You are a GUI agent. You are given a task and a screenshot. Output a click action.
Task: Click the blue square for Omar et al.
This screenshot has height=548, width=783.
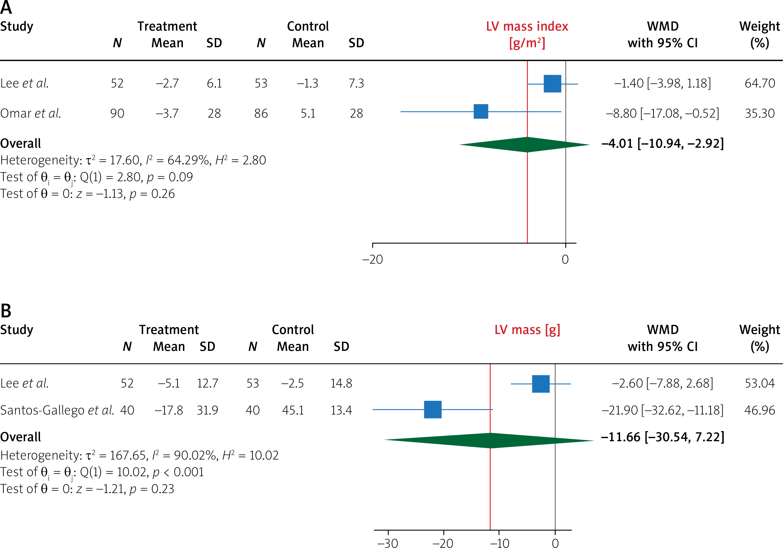tap(481, 112)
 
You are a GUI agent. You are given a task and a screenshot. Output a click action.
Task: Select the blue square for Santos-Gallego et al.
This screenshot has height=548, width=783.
tap(432, 409)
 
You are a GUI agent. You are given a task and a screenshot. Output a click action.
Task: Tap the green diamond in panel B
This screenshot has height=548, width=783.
tap(489, 440)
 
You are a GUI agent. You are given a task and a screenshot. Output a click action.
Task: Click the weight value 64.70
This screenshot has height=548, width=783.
tap(759, 83)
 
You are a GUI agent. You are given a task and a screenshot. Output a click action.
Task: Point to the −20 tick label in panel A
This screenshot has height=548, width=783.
tap(372, 260)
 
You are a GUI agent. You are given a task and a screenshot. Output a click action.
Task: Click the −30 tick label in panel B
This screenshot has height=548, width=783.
tap(388, 542)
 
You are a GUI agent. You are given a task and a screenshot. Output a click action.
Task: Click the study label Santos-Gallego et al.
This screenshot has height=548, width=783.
tap(57, 410)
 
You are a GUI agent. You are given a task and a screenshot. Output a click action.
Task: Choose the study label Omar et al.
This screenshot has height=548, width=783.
tap(31, 113)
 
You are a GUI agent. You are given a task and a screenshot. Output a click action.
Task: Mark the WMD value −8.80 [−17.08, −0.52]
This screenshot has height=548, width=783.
tap(662, 113)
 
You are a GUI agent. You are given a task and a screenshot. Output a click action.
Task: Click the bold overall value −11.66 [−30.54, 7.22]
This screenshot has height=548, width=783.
tap(662, 437)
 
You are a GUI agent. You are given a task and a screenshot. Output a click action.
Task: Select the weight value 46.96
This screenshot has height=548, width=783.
tap(759, 410)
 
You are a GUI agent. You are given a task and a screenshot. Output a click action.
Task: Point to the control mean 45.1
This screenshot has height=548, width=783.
tap(293, 410)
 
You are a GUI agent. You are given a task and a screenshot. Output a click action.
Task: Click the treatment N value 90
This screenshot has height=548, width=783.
tap(117, 113)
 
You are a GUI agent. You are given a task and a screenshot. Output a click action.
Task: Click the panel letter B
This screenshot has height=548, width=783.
tap(6, 311)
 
